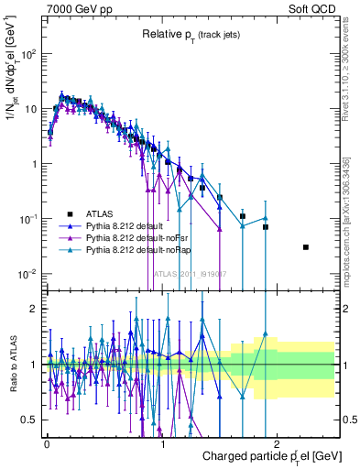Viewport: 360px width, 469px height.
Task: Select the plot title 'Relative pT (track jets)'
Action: pos(191,34)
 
